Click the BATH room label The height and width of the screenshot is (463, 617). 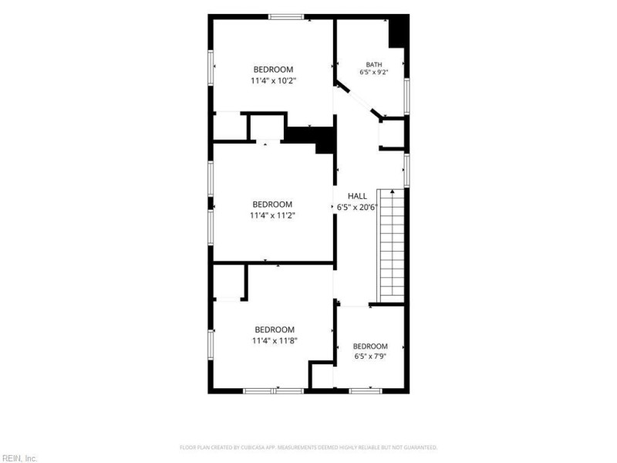374,65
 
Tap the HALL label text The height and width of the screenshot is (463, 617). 357,196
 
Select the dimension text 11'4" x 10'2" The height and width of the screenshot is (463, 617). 274,81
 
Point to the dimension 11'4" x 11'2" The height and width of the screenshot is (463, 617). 272,216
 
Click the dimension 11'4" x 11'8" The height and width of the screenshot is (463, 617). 275,340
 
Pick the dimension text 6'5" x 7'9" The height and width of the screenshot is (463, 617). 370,357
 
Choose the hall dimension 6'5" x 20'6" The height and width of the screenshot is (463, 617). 357,207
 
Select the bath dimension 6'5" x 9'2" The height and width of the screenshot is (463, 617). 374,73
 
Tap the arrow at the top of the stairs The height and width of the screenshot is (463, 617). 393,191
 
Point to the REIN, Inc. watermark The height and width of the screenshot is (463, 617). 19,458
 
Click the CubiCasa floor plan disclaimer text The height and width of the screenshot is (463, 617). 308,448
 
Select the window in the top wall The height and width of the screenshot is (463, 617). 286,17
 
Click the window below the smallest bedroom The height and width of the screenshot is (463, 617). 366,391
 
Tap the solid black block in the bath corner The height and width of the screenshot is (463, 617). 399,32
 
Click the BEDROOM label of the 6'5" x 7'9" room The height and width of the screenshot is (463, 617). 370,346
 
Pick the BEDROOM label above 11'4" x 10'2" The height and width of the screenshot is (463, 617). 274,69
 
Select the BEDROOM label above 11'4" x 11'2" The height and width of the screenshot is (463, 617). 272,204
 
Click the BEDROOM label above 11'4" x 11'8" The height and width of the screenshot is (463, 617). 275,330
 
